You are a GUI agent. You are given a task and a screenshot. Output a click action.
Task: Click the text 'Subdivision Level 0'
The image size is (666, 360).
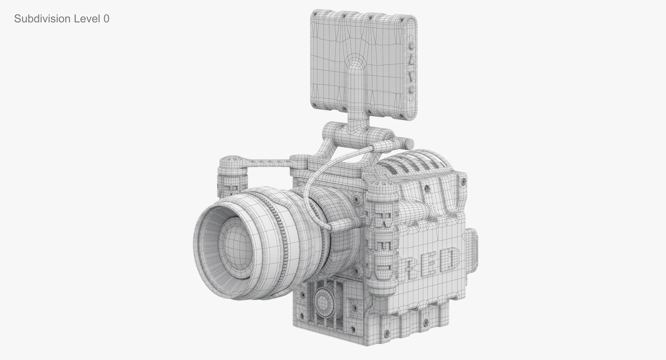(61, 19)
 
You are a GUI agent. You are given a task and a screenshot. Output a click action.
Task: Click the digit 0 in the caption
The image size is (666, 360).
(106, 19)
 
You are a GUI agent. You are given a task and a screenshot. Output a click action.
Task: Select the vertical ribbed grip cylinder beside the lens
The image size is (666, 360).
(382, 234)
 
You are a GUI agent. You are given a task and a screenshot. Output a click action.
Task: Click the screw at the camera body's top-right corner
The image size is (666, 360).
(463, 182)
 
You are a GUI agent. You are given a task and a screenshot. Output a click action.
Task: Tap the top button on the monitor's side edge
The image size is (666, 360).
(411, 46)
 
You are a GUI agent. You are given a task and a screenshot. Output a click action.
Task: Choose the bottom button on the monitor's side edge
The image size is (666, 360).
(410, 90)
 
